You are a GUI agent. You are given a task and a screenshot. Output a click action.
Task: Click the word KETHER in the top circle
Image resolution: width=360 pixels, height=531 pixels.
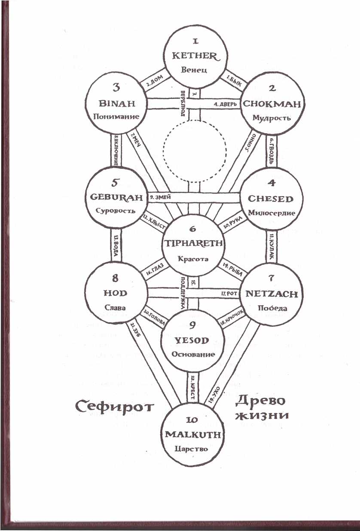[x=195, y=56]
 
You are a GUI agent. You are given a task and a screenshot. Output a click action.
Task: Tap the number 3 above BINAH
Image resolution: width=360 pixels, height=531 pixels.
[x=116, y=88]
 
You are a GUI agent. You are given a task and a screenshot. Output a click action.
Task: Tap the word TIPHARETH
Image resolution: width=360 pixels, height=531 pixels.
[x=194, y=243]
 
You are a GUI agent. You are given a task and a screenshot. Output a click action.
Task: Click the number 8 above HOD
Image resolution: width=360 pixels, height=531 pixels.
[x=115, y=278]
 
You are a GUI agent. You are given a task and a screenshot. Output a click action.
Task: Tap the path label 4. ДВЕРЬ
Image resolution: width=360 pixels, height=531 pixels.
[x=223, y=104]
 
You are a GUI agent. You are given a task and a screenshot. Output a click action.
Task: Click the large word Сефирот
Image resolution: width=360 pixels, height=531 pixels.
[x=114, y=405]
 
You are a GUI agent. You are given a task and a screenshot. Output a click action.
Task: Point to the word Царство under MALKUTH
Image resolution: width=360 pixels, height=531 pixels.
[x=192, y=449]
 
